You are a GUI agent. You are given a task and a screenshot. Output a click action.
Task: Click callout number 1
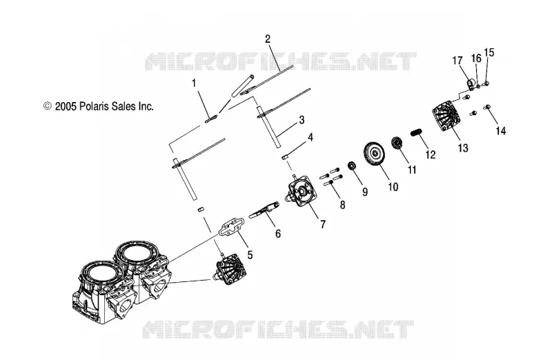[194, 83]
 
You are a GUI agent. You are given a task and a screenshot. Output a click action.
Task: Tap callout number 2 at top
[268, 39]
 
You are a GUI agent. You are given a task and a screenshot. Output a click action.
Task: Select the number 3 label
[302, 119]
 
